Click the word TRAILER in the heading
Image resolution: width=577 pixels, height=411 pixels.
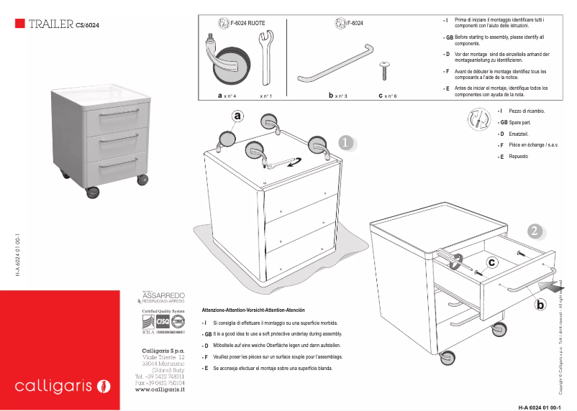pos(50,24)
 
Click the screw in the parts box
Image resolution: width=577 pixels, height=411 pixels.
pos(384,70)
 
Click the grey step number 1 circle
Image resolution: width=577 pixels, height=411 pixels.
pos(345,143)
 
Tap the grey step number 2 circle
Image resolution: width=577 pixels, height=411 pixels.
pos(534,231)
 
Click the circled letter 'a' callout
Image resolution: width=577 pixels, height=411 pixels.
pos(238,115)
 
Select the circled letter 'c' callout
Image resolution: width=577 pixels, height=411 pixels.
pos(491,262)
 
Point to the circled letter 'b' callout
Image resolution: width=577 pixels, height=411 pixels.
pos(540,305)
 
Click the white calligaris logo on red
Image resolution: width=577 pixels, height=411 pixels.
pos(63,387)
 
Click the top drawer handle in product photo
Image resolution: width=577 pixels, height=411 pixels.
pos(120,114)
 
